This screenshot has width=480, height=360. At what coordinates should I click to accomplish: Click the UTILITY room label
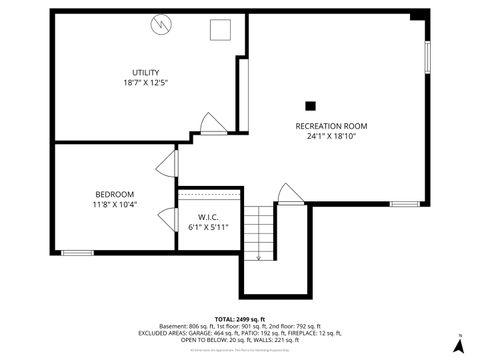point(145,73)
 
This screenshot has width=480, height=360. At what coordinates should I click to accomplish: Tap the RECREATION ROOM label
point(331,126)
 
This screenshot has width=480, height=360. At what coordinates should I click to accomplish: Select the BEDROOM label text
point(114,194)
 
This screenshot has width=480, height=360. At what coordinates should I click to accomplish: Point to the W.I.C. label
point(208,217)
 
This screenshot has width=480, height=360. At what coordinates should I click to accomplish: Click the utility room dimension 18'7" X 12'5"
point(145,84)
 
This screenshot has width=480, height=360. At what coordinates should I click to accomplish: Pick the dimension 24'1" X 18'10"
point(331,136)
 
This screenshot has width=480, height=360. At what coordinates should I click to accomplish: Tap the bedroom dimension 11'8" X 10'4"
point(114,204)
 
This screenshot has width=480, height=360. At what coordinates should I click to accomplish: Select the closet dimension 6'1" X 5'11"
point(208,227)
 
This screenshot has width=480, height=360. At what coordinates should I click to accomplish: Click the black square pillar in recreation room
point(310,104)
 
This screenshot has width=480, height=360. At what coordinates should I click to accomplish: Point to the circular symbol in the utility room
point(161,24)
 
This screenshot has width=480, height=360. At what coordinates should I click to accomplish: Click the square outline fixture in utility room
point(219,29)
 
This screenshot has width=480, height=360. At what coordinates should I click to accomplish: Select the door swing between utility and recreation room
point(213,124)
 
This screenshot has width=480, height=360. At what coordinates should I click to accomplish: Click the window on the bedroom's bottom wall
point(77,252)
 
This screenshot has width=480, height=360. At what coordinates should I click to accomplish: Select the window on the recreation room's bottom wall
point(404,204)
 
